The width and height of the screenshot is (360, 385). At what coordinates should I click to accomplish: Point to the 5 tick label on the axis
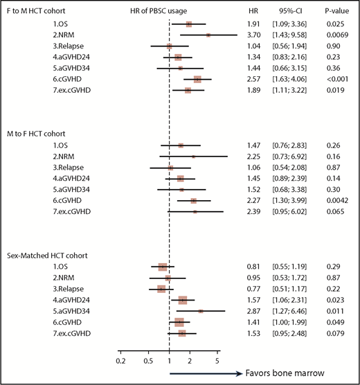coord(217,361)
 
